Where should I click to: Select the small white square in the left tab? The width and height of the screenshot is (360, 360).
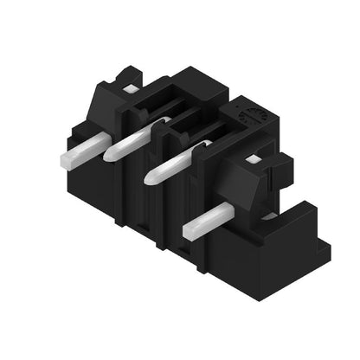130,88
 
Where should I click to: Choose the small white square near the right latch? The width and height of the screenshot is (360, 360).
253,160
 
